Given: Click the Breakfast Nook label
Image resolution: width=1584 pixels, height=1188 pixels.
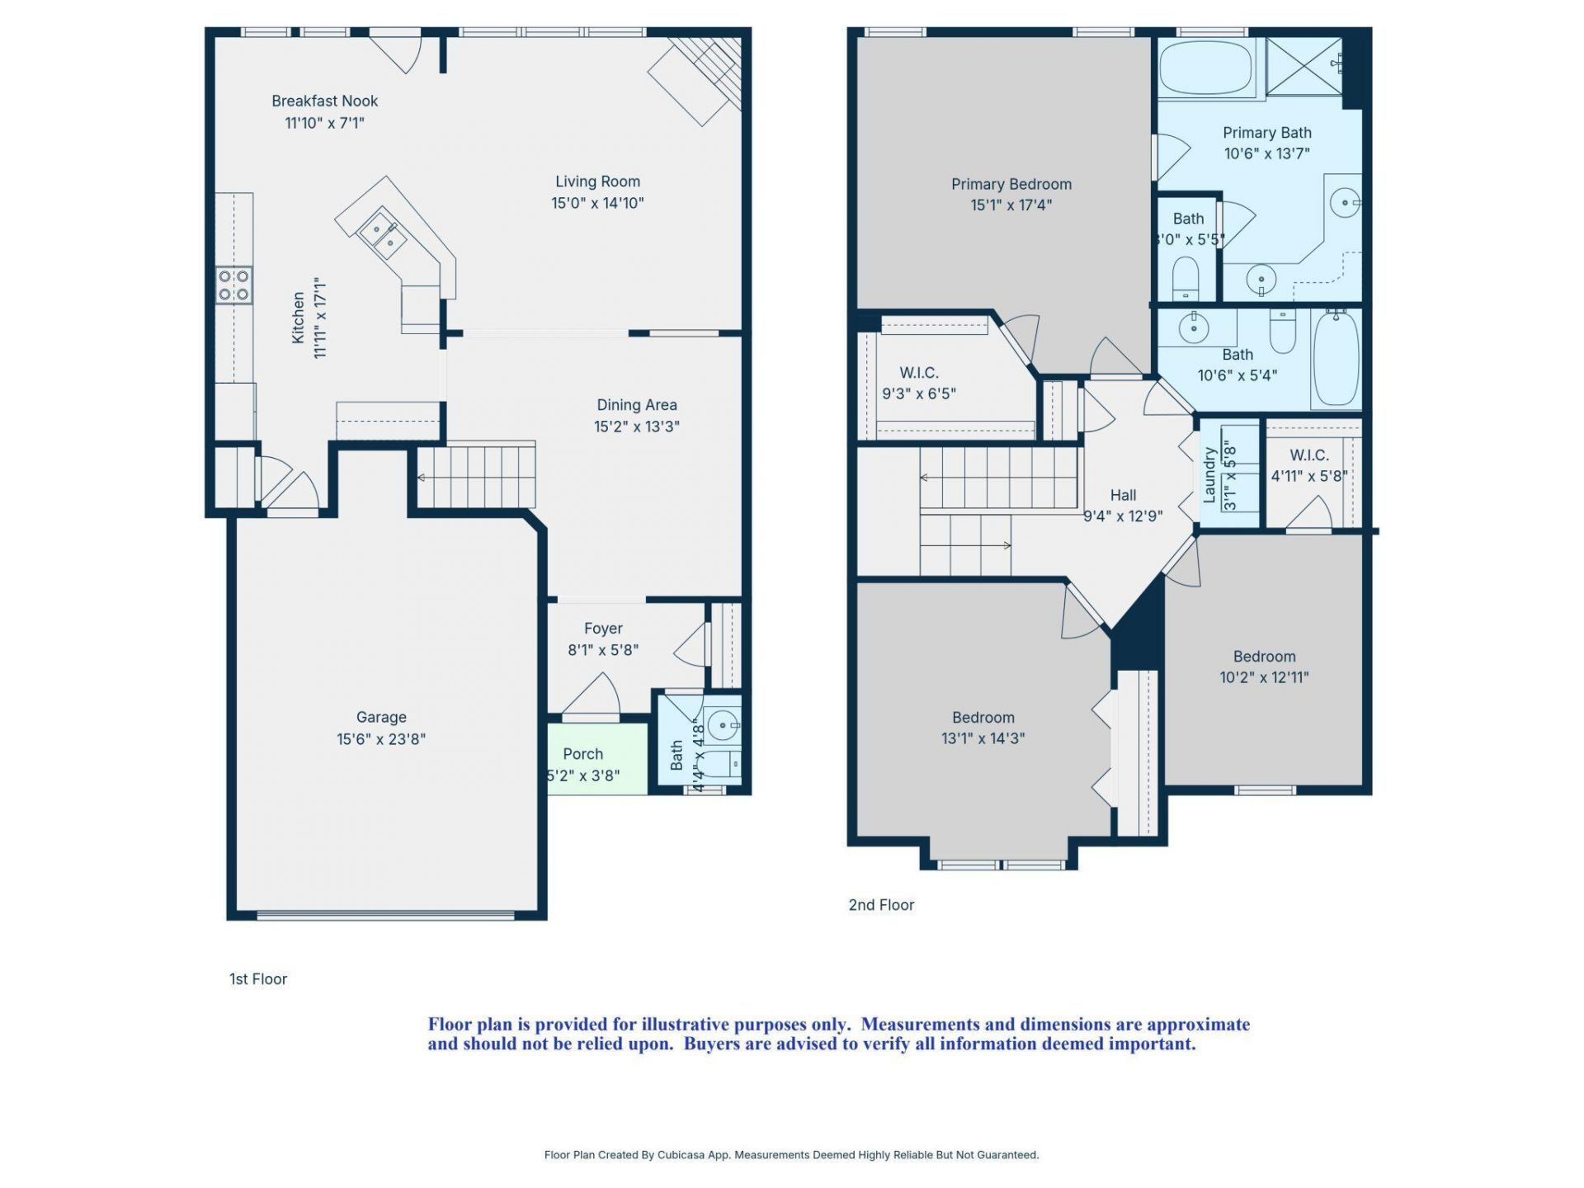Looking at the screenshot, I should (324, 101).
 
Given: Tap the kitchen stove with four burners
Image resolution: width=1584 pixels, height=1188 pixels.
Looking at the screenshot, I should (234, 285).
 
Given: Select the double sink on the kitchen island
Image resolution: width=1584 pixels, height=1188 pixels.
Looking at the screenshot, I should (383, 233).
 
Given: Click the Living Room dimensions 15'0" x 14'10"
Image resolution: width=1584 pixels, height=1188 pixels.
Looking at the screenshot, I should (597, 203).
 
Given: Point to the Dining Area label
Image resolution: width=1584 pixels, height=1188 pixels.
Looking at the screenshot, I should (636, 405).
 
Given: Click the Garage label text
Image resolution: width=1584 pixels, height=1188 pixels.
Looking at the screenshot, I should (381, 718).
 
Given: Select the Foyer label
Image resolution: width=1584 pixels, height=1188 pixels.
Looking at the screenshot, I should (603, 629).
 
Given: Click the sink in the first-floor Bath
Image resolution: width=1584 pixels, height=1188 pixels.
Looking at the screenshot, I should (724, 726).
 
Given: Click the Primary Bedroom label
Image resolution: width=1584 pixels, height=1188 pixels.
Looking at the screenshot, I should (1011, 184).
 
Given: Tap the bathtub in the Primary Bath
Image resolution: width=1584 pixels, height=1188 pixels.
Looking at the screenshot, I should (1205, 68).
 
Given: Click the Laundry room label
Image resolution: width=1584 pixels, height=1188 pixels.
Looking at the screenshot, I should (1209, 475).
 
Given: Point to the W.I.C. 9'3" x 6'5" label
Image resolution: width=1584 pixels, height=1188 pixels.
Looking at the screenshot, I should (919, 384).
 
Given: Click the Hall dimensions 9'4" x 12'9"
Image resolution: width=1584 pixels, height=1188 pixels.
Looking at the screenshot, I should (1123, 516).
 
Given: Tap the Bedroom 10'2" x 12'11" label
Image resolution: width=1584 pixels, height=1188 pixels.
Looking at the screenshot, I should (1264, 667).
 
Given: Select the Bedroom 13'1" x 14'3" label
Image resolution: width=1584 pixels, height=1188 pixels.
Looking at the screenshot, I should (983, 728).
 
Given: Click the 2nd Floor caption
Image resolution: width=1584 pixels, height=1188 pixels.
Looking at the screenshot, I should (881, 905).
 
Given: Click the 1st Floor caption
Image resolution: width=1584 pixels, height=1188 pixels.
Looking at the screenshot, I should (258, 979).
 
